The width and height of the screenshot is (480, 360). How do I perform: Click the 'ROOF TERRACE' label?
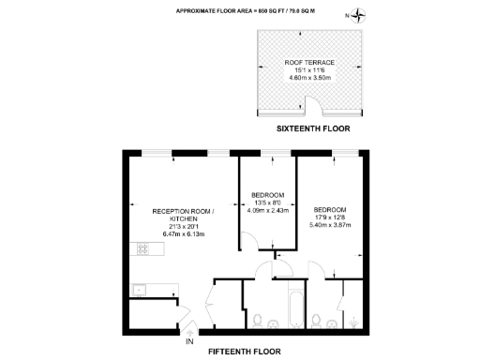point(309,63)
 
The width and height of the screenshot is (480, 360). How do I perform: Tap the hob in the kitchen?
point(145,249)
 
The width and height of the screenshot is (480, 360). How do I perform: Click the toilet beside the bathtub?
point(257,320)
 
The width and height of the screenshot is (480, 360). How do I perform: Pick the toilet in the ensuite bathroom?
point(319,321)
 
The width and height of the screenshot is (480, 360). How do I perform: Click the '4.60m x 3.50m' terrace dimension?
point(309,79)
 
